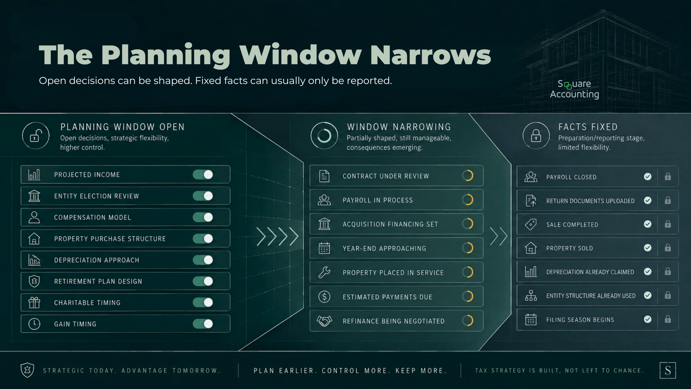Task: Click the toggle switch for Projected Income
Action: (203, 174)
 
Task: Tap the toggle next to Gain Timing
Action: (203, 324)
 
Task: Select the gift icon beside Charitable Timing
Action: (34, 303)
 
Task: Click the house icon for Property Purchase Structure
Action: (34, 239)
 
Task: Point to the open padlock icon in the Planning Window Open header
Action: (36, 136)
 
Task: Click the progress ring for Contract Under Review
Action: (468, 176)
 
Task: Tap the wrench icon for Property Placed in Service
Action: (324, 272)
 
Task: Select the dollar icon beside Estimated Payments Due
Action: (324, 297)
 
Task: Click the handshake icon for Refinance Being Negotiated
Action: (324, 321)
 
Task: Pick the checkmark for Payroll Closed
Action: (648, 177)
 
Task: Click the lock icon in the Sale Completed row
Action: (668, 224)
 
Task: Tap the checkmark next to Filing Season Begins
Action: (648, 319)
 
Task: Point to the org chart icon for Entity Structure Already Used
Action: (531, 295)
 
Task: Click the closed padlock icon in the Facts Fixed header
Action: (536, 136)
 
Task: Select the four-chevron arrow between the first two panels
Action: (278, 237)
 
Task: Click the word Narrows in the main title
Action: (431, 55)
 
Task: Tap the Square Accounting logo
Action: (574, 89)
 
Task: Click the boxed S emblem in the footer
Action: (668, 370)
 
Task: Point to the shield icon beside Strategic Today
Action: (27, 370)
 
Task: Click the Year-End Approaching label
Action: (384, 249)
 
